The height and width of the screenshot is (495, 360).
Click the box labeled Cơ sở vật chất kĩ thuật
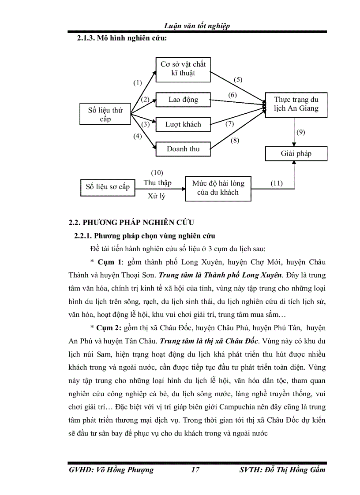183,68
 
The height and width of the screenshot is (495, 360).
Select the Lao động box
183,100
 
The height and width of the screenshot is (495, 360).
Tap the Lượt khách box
183,124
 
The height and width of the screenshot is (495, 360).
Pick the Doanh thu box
183,149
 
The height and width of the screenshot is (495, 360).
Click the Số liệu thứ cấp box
105,115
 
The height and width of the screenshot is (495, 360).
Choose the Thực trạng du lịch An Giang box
296,104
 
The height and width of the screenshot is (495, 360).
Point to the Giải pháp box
296,154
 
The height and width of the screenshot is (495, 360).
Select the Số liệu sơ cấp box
108,186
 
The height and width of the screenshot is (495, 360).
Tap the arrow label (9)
301,132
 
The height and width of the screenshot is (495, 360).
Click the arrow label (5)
238,80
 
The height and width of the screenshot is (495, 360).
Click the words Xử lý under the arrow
156,196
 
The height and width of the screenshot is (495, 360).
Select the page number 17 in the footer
195,469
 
